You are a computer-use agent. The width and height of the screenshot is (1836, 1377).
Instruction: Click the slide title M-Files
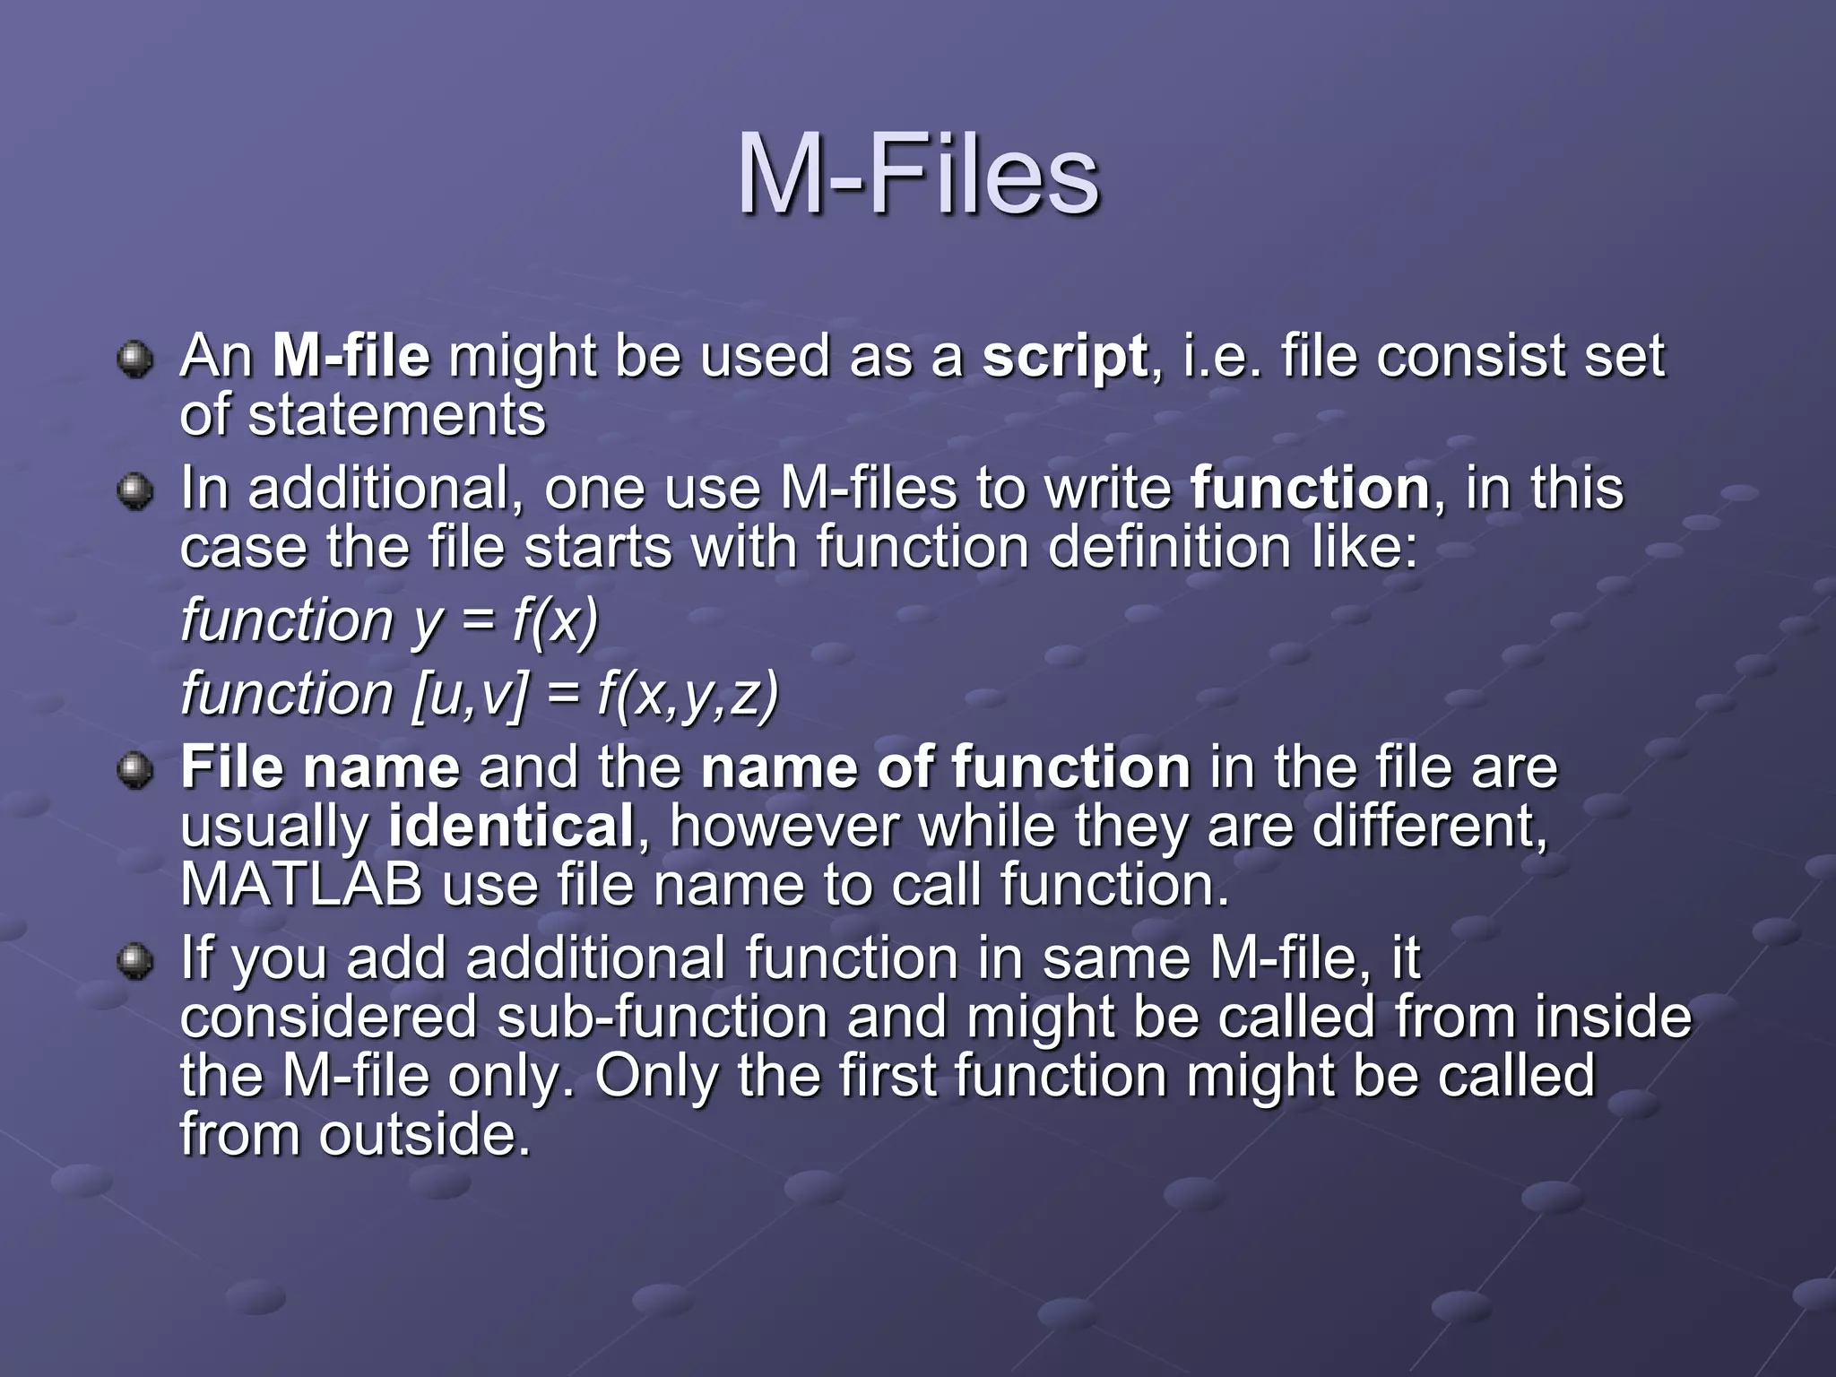pyautogui.click(x=917, y=175)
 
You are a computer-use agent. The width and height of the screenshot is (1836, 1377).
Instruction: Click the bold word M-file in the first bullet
pyautogui.click(x=351, y=357)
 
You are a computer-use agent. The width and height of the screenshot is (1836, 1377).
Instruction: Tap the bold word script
pyautogui.click(x=1064, y=357)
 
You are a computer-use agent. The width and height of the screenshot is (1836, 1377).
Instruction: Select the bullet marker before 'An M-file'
pyautogui.click(x=135, y=360)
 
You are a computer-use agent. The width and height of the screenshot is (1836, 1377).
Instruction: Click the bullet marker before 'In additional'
pyautogui.click(x=135, y=493)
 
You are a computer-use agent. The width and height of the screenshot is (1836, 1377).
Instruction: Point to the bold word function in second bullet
pyautogui.click(x=1310, y=489)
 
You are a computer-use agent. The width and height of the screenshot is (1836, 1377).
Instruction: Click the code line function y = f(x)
pyautogui.click(x=389, y=620)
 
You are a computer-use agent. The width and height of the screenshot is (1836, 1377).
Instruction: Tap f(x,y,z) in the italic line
pyautogui.click(x=688, y=694)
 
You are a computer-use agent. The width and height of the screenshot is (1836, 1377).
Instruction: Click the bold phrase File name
pyautogui.click(x=320, y=768)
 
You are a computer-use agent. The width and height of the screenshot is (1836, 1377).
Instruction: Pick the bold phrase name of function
pyautogui.click(x=945, y=768)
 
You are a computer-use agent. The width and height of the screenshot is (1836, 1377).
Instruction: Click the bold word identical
pyautogui.click(x=511, y=827)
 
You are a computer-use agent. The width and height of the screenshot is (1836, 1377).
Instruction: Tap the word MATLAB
pyautogui.click(x=301, y=885)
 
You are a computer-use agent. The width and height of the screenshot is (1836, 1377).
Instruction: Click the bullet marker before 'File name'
pyautogui.click(x=135, y=771)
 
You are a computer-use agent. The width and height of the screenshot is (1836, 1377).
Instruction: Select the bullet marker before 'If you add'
pyautogui.click(x=135, y=962)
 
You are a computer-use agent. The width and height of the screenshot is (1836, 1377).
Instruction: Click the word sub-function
pyautogui.click(x=662, y=1018)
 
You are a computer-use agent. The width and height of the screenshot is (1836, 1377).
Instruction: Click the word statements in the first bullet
pyautogui.click(x=396, y=416)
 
